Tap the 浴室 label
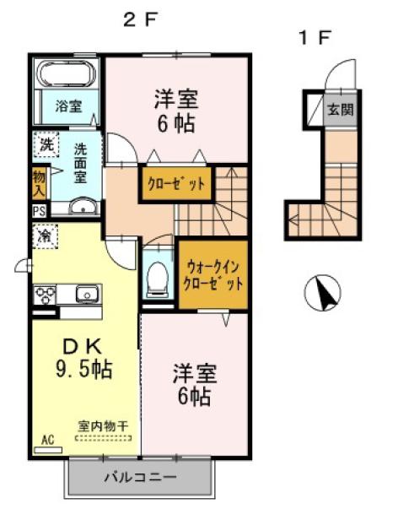(x=69, y=106)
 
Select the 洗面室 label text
(x=81, y=162)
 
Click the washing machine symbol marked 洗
(x=47, y=144)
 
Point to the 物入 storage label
(x=39, y=182)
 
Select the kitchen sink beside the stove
(x=85, y=295)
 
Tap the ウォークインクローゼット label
(x=213, y=274)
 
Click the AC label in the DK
(x=47, y=441)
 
